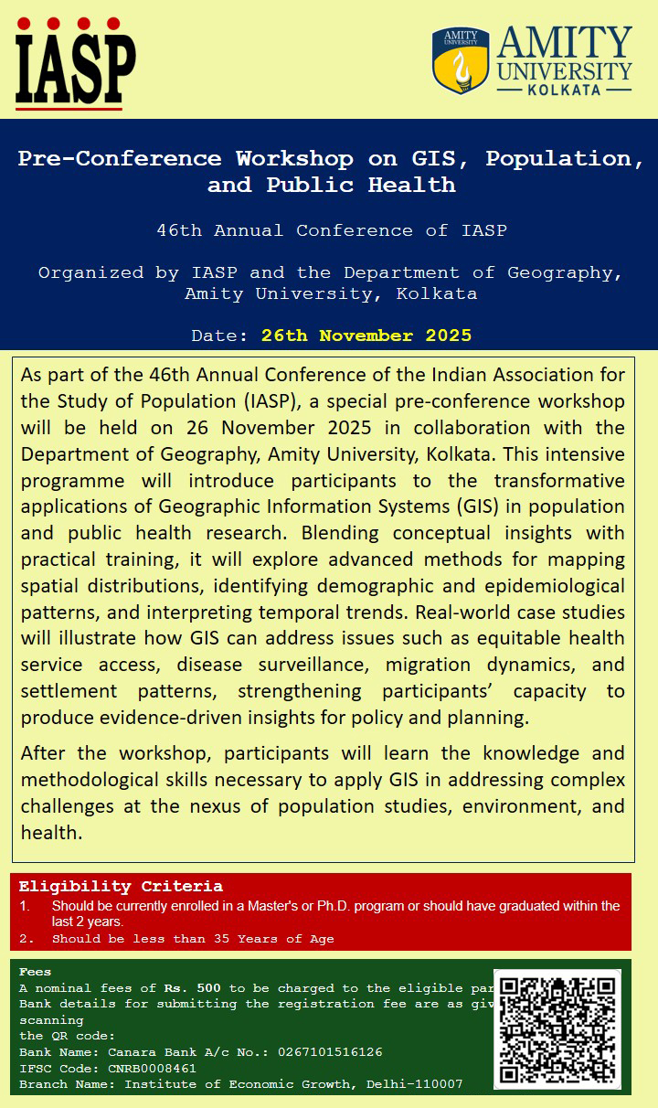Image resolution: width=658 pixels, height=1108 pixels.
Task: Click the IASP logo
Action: click(76, 62)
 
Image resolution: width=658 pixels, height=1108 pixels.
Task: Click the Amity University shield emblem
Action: click(461, 60)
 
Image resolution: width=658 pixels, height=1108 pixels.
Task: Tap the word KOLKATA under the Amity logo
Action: click(564, 90)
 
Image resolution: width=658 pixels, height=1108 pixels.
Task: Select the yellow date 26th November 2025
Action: click(366, 336)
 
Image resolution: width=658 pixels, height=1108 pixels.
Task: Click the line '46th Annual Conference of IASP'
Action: click(331, 230)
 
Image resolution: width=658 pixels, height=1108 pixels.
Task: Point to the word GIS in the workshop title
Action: click(441, 158)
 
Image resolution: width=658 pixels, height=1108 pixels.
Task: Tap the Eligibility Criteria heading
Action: click(121, 886)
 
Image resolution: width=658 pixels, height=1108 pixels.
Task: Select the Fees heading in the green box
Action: click(36, 972)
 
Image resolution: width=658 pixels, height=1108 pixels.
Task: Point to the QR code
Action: click(557, 1028)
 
